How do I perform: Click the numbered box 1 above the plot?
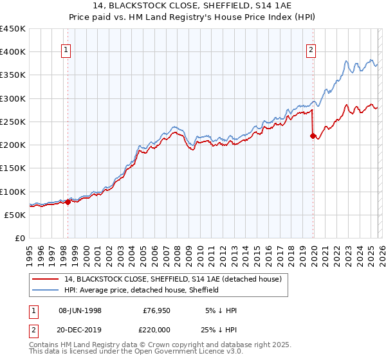click(67, 51)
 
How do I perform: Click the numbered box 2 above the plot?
click(311, 51)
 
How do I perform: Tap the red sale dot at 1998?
click(68, 202)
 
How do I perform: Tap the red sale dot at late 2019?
click(313, 136)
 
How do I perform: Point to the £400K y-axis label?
click(13, 52)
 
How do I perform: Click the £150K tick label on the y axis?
click(13, 168)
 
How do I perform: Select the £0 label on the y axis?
click(20, 239)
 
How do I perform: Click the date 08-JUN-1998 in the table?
click(80, 310)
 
